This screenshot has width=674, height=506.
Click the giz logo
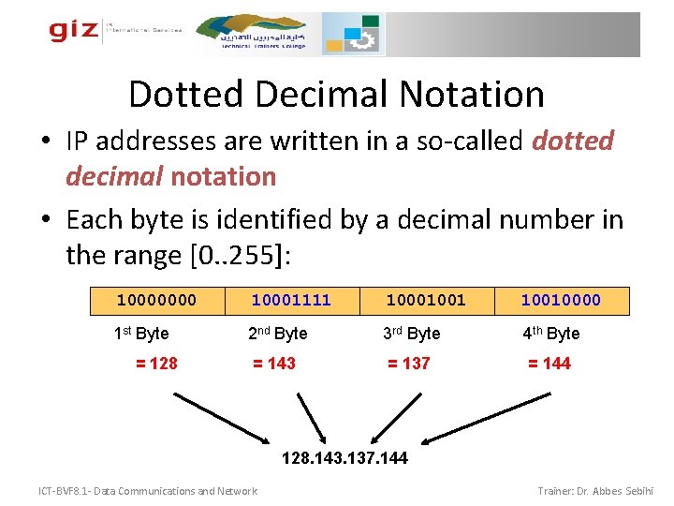(x=74, y=31)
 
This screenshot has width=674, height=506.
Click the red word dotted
(x=572, y=141)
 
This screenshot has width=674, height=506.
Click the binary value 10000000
(x=156, y=300)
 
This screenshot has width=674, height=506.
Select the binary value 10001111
(x=291, y=300)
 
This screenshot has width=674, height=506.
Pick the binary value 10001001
(x=426, y=300)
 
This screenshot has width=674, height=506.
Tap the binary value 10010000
(x=561, y=300)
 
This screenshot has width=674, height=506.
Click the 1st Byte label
(x=141, y=333)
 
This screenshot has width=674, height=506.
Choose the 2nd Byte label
(x=277, y=333)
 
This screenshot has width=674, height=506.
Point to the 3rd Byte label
(x=411, y=333)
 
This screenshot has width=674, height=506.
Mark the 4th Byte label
(x=550, y=333)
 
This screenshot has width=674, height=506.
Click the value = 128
(x=156, y=363)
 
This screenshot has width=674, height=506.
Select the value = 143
(x=274, y=363)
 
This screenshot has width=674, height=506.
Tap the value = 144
(x=549, y=363)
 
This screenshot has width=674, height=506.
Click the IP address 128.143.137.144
(x=345, y=459)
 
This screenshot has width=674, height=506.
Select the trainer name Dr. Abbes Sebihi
(x=613, y=491)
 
